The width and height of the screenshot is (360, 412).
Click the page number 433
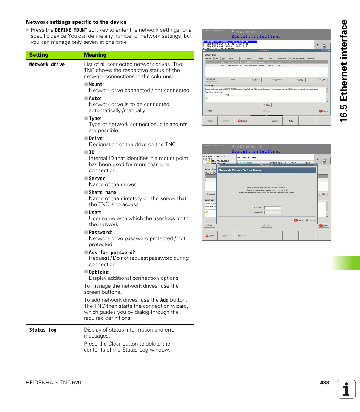coord(324,383)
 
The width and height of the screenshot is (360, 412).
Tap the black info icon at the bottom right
coord(346,389)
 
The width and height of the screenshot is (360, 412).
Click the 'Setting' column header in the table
coord(38,55)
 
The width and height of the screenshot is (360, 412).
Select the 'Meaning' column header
coord(95,55)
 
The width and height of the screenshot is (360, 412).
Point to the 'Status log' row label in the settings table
coord(43,330)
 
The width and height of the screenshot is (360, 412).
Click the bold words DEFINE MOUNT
coord(71,30)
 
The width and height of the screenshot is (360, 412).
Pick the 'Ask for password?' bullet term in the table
coord(112,252)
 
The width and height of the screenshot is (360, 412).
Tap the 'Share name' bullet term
coord(103,192)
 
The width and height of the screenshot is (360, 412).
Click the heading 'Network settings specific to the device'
coord(76,22)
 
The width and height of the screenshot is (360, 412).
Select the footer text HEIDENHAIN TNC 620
coord(53,383)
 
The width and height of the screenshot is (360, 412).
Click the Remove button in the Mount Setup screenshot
coord(277,80)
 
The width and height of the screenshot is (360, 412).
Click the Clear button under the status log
coord(266,105)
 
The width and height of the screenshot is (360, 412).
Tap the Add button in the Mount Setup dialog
coord(255,80)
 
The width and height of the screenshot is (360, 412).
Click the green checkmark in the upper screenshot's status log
coord(206,98)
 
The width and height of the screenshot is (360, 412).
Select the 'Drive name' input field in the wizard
coord(272,208)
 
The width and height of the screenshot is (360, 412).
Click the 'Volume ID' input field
coord(272,213)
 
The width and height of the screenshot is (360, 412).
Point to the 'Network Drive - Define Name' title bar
coord(266,170)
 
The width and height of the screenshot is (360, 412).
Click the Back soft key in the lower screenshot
coord(226,236)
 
